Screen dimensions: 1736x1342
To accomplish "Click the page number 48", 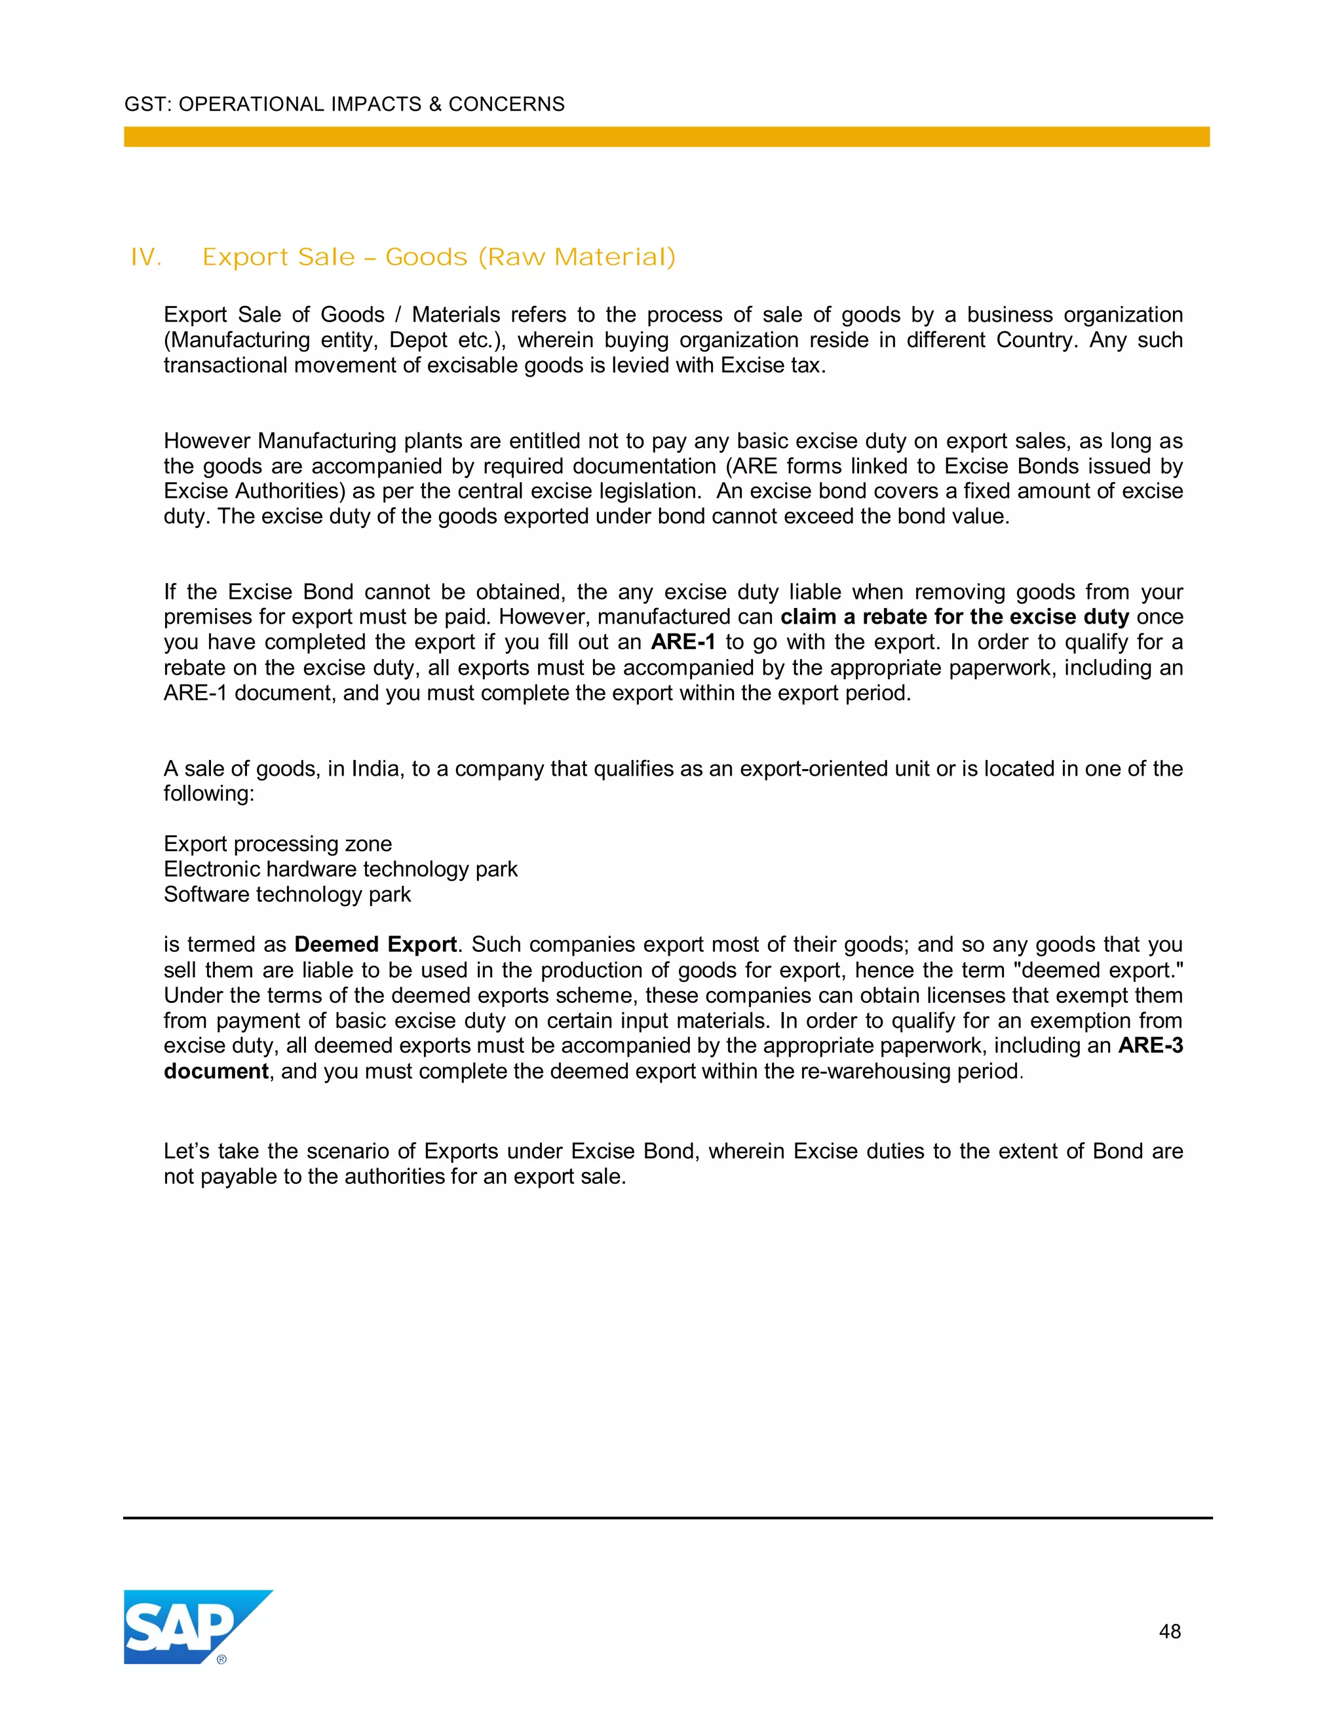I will (1170, 1632).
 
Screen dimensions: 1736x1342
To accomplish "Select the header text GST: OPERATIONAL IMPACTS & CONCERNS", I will (344, 104).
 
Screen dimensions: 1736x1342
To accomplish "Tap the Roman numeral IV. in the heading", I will (146, 257).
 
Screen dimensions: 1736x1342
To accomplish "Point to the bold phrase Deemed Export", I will (375, 944).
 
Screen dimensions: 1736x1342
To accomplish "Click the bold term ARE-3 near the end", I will (1149, 1046).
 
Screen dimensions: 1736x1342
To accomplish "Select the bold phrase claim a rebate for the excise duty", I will (954, 617).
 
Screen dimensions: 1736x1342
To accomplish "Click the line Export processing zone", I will (277, 843).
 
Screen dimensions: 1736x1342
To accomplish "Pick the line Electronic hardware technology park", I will (340, 869).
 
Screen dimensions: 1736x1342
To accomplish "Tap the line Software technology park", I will (287, 894).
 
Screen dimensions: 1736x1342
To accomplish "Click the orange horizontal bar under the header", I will (666, 137).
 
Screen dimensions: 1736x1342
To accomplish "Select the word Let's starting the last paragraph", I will (187, 1151).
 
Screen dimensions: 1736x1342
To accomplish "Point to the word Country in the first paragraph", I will (1037, 340).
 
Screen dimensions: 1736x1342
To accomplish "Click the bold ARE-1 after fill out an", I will (683, 642).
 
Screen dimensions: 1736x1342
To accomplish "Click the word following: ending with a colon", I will (209, 793).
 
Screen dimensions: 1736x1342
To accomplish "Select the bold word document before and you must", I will (216, 1070).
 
